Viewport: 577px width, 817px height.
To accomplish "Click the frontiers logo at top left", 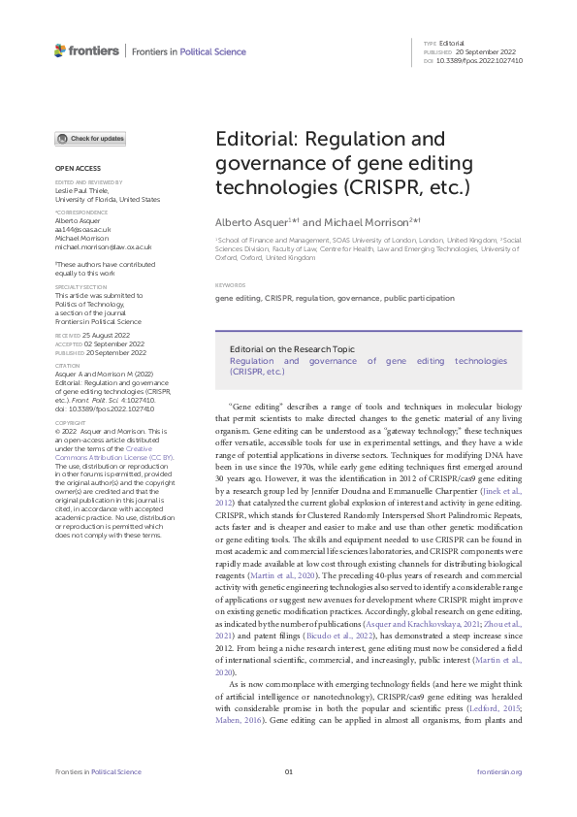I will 86,50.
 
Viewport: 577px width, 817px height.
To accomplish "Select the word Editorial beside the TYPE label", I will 452,44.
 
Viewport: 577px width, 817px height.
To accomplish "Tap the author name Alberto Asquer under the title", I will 249,222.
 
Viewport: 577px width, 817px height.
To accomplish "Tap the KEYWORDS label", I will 229,285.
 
